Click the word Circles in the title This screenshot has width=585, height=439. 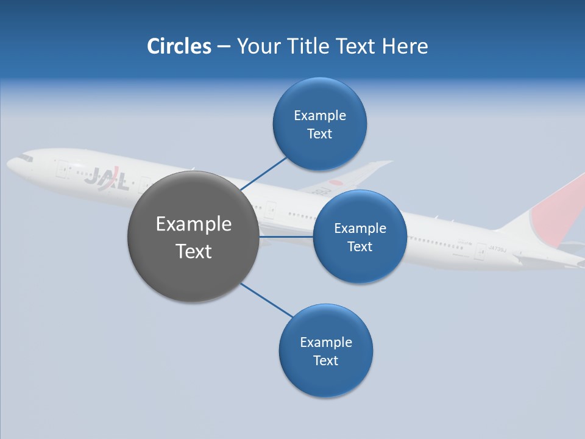pyautogui.click(x=179, y=46)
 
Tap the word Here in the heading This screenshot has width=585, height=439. pyautogui.click(x=405, y=46)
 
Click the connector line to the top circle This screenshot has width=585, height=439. pyautogui.click(x=264, y=174)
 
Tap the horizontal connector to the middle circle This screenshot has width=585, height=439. pyautogui.click(x=286, y=237)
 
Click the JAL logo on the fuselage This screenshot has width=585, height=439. pyautogui.click(x=107, y=178)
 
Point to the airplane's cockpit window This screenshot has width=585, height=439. pyautogui.click(x=24, y=158)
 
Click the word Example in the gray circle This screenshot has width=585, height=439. pyautogui.click(x=193, y=224)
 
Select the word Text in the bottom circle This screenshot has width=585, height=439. pyautogui.click(x=325, y=360)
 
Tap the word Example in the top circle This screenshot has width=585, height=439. pyautogui.click(x=319, y=116)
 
